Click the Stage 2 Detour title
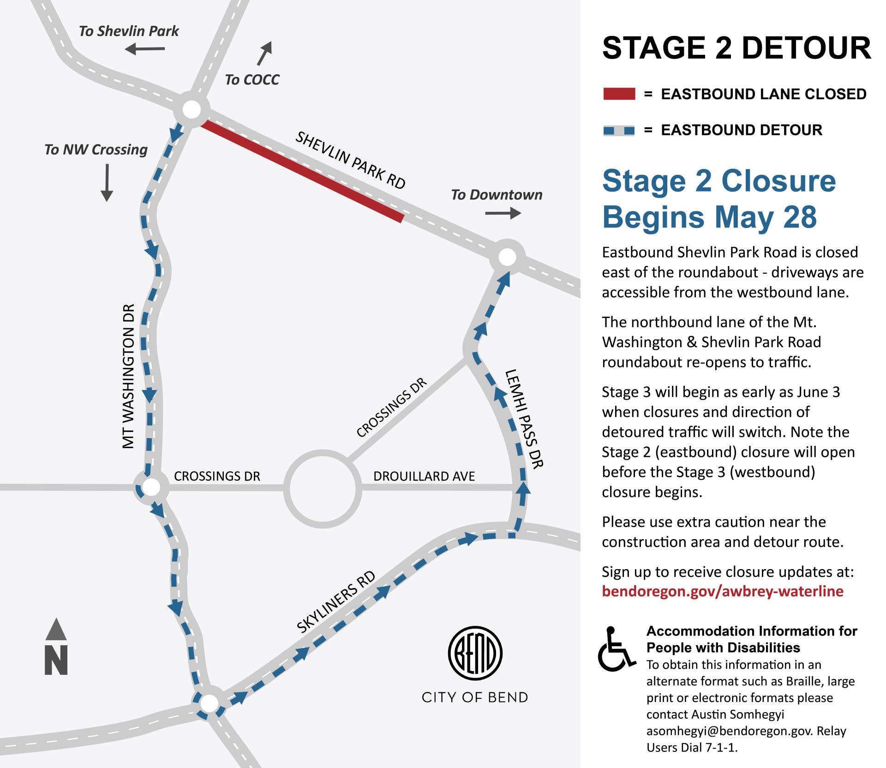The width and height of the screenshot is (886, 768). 736,48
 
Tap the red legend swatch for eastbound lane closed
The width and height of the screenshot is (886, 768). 619,94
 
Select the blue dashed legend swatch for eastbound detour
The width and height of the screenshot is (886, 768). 619,131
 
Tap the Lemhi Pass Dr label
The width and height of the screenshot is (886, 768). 524,419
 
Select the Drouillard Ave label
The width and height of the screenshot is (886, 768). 424,476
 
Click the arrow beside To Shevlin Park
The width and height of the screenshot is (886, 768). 145,48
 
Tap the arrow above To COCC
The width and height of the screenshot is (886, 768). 264,53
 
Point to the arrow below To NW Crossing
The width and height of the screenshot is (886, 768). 107,183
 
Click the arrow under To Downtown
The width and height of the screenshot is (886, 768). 503,213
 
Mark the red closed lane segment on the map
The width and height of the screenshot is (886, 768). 302,172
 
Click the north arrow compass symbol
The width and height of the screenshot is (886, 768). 56,646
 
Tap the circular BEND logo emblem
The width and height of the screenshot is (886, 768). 475,654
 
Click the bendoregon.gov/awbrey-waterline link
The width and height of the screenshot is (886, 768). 723,591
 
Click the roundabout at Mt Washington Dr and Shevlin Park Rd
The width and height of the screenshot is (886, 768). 192,110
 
